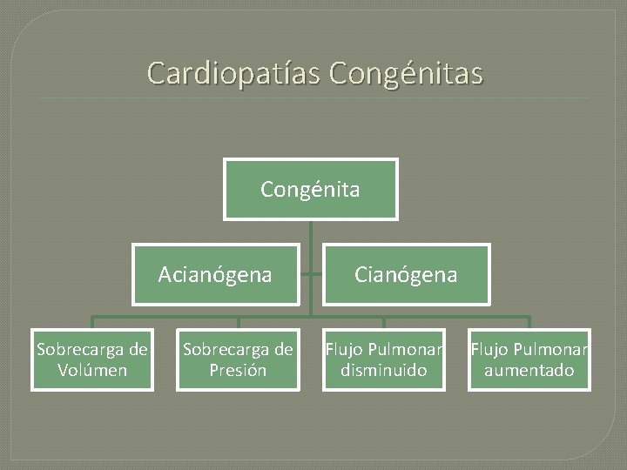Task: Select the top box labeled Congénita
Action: (x=311, y=189)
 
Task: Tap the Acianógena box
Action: (x=215, y=275)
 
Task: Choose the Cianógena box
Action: (x=406, y=275)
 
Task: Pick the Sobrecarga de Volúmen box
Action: (x=92, y=360)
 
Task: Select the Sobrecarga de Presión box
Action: (x=238, y=360)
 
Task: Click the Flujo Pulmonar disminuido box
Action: (x=384, y=360)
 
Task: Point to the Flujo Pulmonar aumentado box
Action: (x=529, y=360)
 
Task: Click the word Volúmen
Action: (x=92, y=371)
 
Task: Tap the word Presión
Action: (x=238, y=371)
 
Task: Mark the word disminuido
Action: (x=384, y=371)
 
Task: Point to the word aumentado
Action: (x=529, y=371)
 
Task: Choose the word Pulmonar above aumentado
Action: (x=550, y=351)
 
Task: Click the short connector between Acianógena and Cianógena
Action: (x=311, y=274)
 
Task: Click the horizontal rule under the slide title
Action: (x=313, y=98)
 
